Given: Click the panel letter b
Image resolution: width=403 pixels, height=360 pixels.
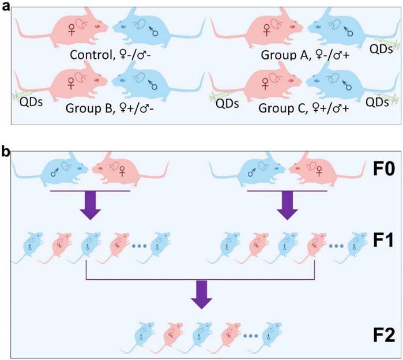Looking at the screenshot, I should pyautogui.click(x=5, y=152).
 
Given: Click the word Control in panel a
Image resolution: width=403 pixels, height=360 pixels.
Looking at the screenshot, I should pyautogui.click(x=90, y=55).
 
